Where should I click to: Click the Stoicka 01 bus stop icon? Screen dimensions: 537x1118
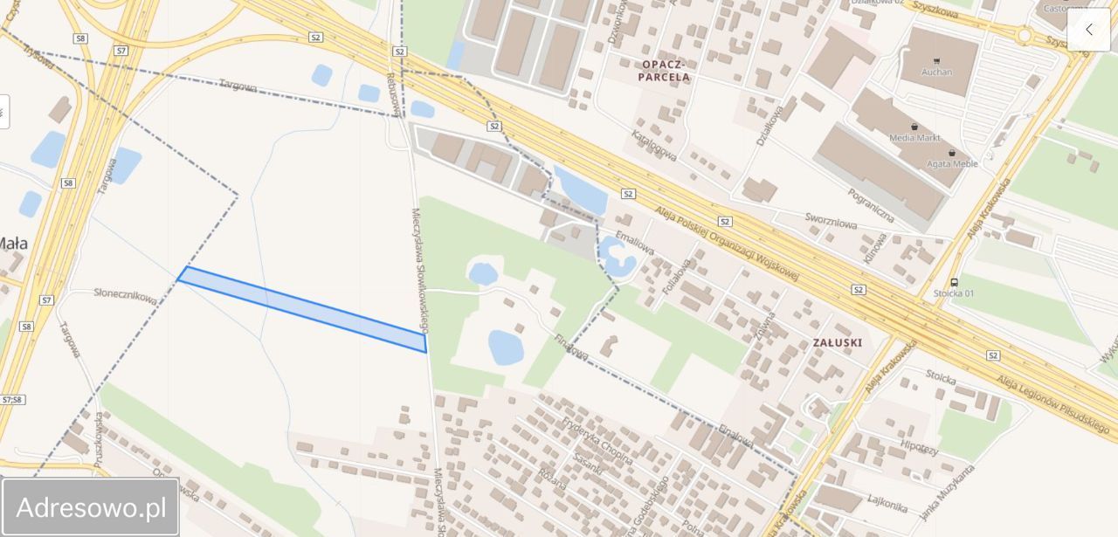click(954, 282)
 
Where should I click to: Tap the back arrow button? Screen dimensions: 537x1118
click(1088, 30)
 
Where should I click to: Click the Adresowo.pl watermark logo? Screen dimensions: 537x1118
click(91, 506)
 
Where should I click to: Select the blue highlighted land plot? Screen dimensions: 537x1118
click(301, 309)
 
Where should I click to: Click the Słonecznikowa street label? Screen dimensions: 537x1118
click(126, 296)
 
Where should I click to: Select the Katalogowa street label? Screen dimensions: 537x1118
click(654, 145)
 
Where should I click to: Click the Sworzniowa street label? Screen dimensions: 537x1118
click(831, 223)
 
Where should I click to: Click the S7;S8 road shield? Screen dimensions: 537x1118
click(13, 399)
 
